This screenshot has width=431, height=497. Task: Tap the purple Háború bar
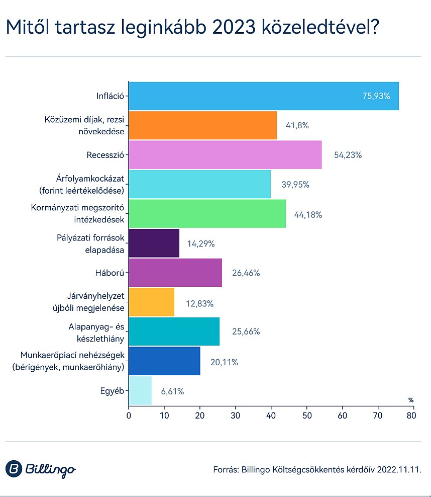(175, 273)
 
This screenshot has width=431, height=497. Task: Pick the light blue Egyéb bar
(140, 390)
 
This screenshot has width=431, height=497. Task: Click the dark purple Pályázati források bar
(154, 243)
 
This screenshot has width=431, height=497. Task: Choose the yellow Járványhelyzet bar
(152, 302)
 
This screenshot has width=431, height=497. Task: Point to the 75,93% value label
(376, 96)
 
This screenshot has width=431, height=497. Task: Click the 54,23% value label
(348, 155)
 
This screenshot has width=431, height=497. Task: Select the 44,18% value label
(308, 214)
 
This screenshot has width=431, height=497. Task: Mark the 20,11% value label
(224, 362)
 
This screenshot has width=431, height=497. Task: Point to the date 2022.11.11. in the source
(396, 469)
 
